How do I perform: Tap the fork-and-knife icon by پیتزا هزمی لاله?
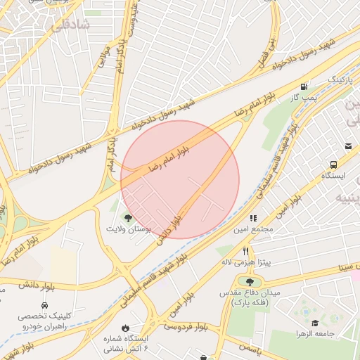click(245, 251)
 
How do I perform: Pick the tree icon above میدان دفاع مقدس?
click(250, 282)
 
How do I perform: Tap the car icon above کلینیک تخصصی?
click(44, 306)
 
